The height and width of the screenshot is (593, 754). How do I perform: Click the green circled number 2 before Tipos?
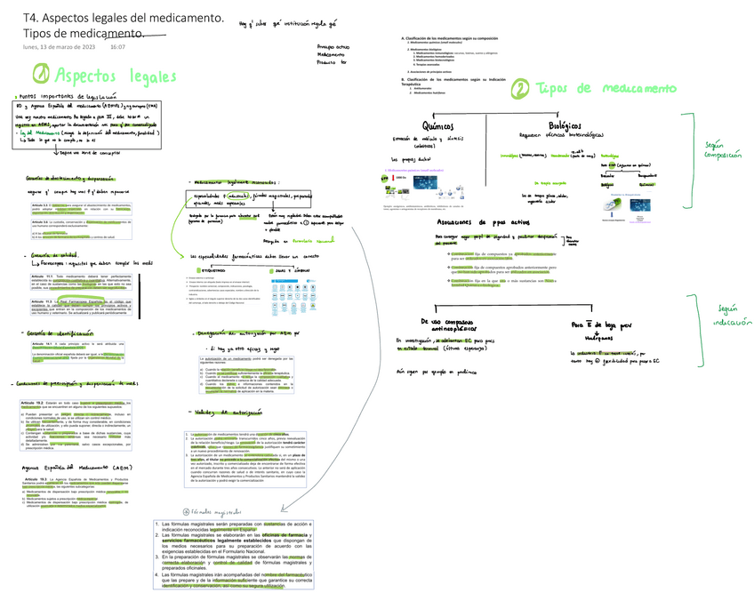click(519, 88)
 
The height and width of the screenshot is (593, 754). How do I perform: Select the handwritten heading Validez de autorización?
click(218, 413)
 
